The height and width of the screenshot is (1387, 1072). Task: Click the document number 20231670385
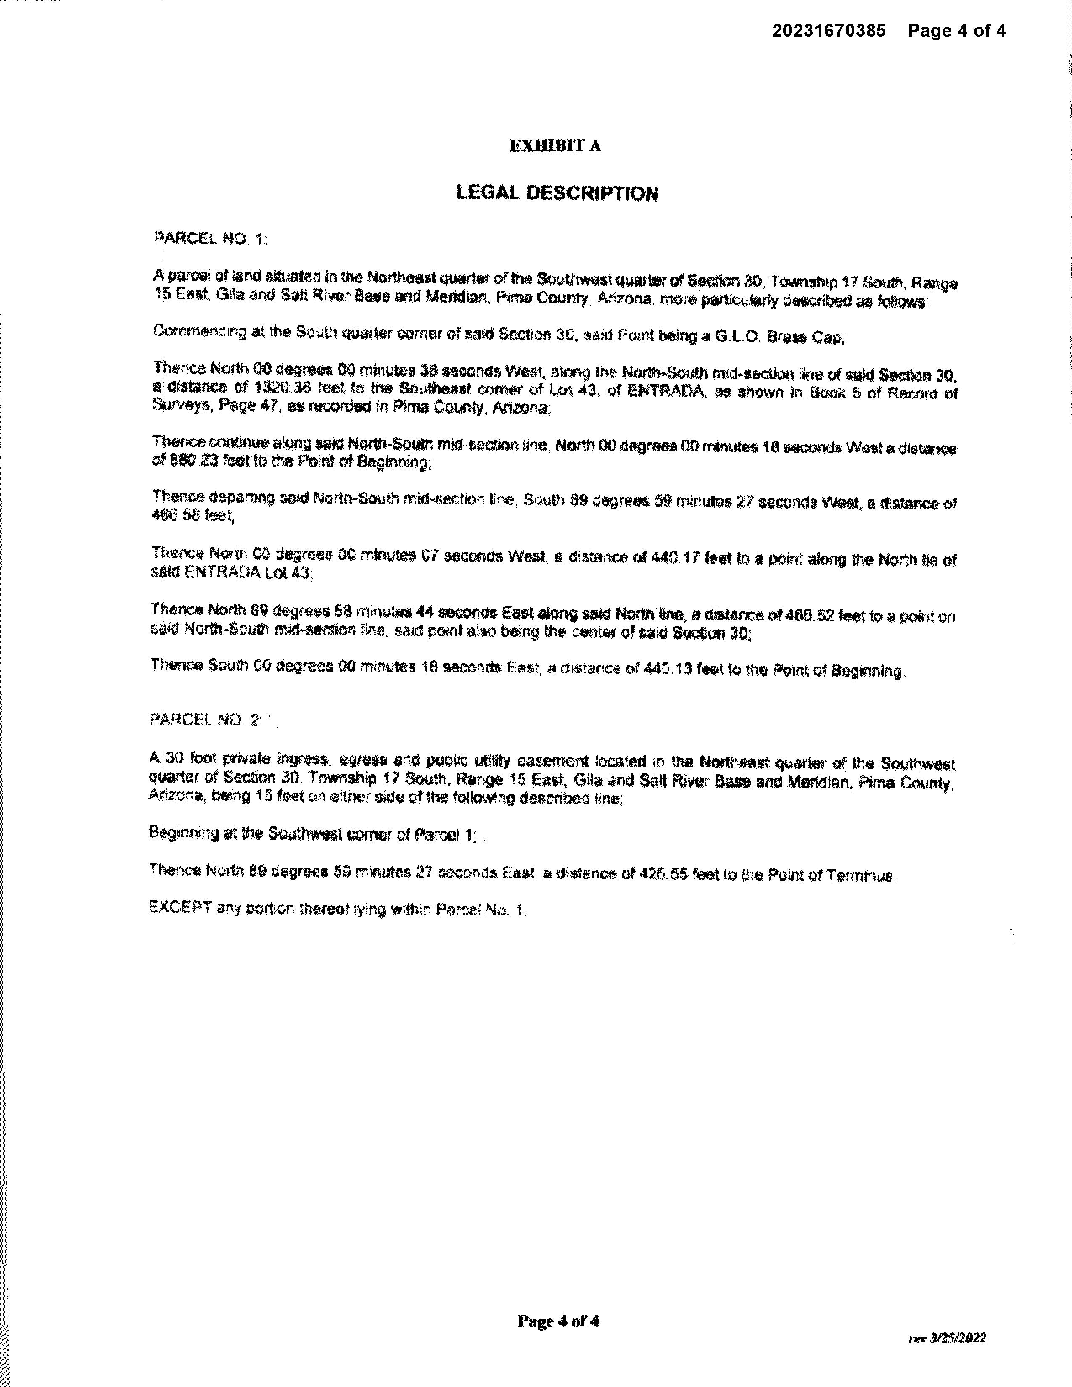[x=829, y=31]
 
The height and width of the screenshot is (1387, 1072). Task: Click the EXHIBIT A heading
[x=555, y=146]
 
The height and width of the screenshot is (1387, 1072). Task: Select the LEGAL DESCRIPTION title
[x=557, y=193]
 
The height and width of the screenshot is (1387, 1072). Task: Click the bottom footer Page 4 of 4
[x=557, y=1321]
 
